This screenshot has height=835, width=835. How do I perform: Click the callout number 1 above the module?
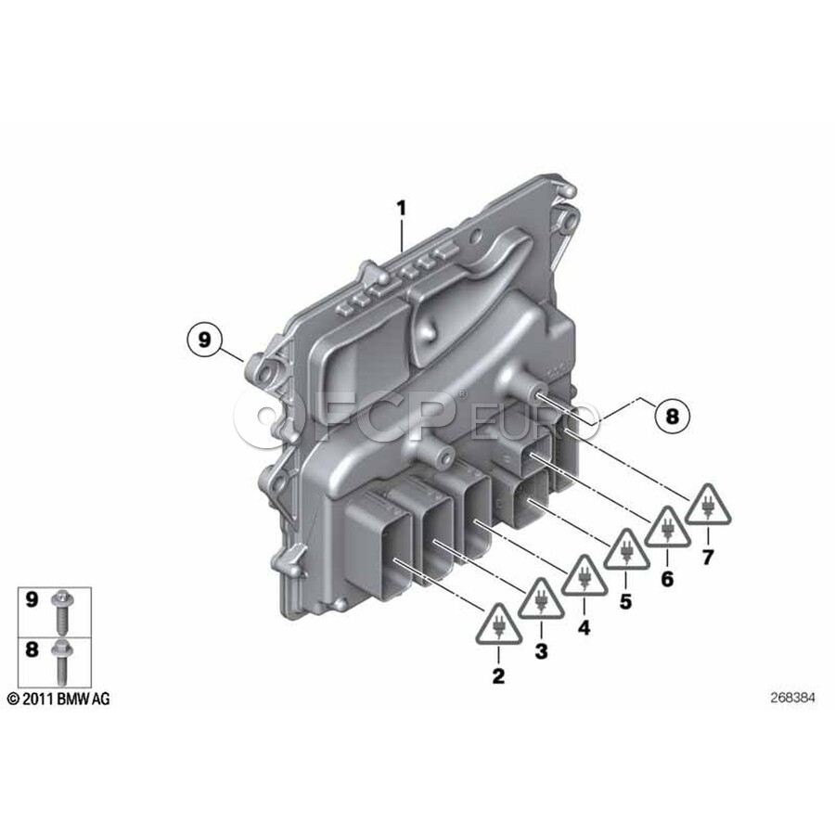point(402,208)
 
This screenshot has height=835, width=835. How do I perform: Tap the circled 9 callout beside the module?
point(204,340)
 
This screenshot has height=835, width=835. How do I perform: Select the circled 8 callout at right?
point(672,416)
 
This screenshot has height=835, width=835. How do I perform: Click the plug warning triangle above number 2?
point(498,625)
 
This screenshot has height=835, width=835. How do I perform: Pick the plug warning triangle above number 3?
point(541,599)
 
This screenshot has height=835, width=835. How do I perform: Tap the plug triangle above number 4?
point(584,576)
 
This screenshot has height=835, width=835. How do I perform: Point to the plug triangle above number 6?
point(667,528)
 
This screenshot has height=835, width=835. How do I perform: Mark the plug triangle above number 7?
point(707,505)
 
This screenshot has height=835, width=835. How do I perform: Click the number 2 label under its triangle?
point(498,676)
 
